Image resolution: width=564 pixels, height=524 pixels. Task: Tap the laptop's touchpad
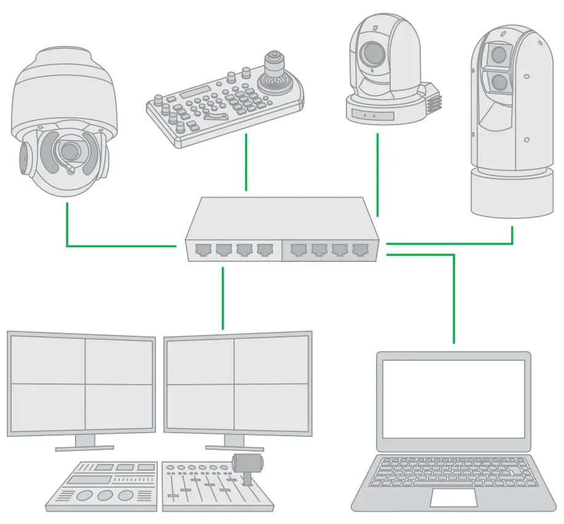click(x=452, y=497)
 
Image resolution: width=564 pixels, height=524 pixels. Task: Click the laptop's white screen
click(x=454, y=398)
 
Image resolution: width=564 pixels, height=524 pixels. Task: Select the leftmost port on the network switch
click(x=202, y=250)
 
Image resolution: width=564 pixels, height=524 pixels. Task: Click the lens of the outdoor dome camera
click(x=69, y=150)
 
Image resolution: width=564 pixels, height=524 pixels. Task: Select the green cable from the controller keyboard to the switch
click(x=246, y=163)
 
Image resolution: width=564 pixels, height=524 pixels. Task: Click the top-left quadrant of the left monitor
click(x=47, y=358)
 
